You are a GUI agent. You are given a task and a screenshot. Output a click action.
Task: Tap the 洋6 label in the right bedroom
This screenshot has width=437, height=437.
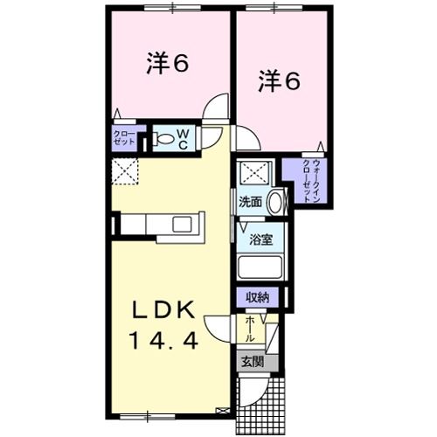pyautogui.click(x=279, y=82)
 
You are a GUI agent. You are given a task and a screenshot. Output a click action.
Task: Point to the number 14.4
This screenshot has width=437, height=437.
pyautogui.click(x=172, y=339)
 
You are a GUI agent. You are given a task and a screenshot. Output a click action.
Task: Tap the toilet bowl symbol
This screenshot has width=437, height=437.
pyautogui.click(x=163, y=136)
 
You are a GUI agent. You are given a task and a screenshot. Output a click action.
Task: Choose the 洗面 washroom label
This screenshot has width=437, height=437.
pyautogui.click(x=250, y=201)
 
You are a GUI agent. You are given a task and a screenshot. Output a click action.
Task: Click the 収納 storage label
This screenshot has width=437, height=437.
pyautogui.click(x=257, y=297)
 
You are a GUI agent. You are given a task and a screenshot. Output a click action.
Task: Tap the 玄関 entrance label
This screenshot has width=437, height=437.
pyautogui.click(x=250, y=360)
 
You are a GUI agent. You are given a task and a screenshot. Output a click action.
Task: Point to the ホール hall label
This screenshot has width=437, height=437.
pyautogui.click(x=250, y=329)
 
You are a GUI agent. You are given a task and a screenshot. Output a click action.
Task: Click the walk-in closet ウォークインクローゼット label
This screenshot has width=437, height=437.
pyautogui.click(x=311, y=182)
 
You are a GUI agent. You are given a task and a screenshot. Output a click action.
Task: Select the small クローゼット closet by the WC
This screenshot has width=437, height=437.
pyautogui.click(x=123, y=137)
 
